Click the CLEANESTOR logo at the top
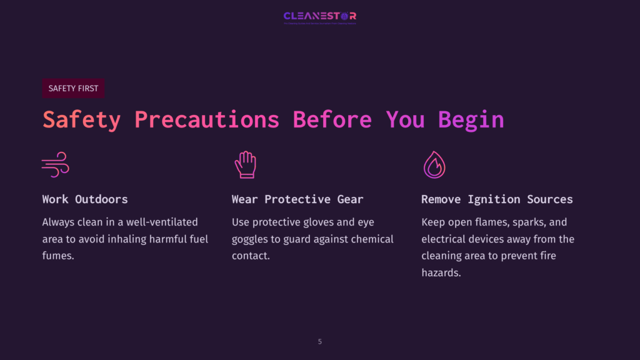(320, 16)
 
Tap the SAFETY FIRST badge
(73, 88)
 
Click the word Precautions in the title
(206, 119)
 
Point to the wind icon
(55, 164)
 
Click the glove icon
(245, 164)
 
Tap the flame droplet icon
(434, 164)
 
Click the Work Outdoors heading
(85, 199)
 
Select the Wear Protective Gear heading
(297, 199)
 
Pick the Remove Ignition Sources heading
(497, 199)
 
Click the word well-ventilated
(161, 222)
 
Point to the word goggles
(251, 239)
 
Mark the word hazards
(441, 272)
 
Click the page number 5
(320, 342)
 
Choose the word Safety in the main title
(81, 119)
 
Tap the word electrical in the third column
(445, 239)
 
